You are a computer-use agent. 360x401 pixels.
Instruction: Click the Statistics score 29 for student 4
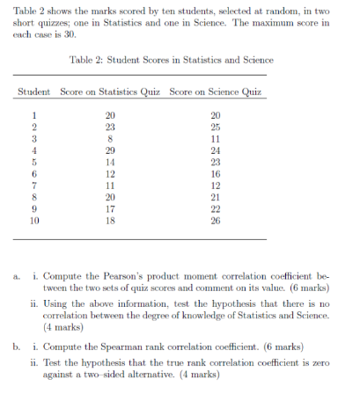coord(109,150)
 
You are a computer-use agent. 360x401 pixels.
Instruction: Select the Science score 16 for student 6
coord(217,175)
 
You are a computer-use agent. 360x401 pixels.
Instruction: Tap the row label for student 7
coord(34,187)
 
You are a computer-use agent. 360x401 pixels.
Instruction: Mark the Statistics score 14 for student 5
coord(109,163)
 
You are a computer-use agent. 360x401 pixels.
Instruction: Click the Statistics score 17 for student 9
coord(109,211)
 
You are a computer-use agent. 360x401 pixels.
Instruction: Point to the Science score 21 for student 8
coord(217,199)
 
